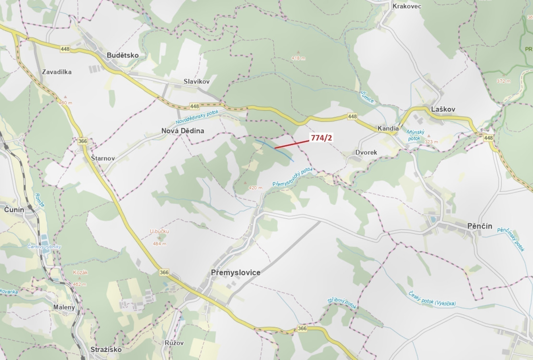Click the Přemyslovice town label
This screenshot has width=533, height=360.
pos(236,273)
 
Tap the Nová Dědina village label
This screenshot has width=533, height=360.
pos(183,131)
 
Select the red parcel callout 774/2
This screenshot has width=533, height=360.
pos(321,138)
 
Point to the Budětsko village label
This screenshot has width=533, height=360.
pos(123,55)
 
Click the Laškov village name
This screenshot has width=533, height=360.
pos(443,109)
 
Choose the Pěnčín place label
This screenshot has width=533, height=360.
pos(480,226)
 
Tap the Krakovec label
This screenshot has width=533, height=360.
pos(407,6)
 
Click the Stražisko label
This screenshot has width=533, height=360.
pos(106,349)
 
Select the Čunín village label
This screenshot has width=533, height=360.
pos(14,210)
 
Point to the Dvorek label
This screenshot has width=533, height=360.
pos(366,152)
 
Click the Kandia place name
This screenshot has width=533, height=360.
pos(388,128)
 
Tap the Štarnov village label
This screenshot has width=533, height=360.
pos(103,158)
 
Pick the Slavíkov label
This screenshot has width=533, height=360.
pos(196,82)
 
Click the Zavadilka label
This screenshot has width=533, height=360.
pos(57,72)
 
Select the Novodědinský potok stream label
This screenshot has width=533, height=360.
pos(197,117)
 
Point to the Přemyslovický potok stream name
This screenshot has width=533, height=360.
pos(292,177)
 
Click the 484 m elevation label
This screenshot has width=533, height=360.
pos(160,244)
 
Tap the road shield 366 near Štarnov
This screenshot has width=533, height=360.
pos(83,141)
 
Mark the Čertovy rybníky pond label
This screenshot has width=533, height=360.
pos(44,247)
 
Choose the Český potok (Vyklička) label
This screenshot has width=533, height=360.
pos(432,299)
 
